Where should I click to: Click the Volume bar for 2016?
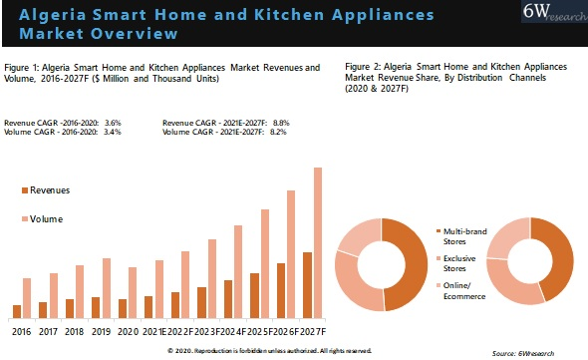click(27, 297)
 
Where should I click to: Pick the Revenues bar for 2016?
click(16, 310)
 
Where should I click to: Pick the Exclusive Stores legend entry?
click(457, 263)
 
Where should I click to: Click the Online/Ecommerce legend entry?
click(457, 291)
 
